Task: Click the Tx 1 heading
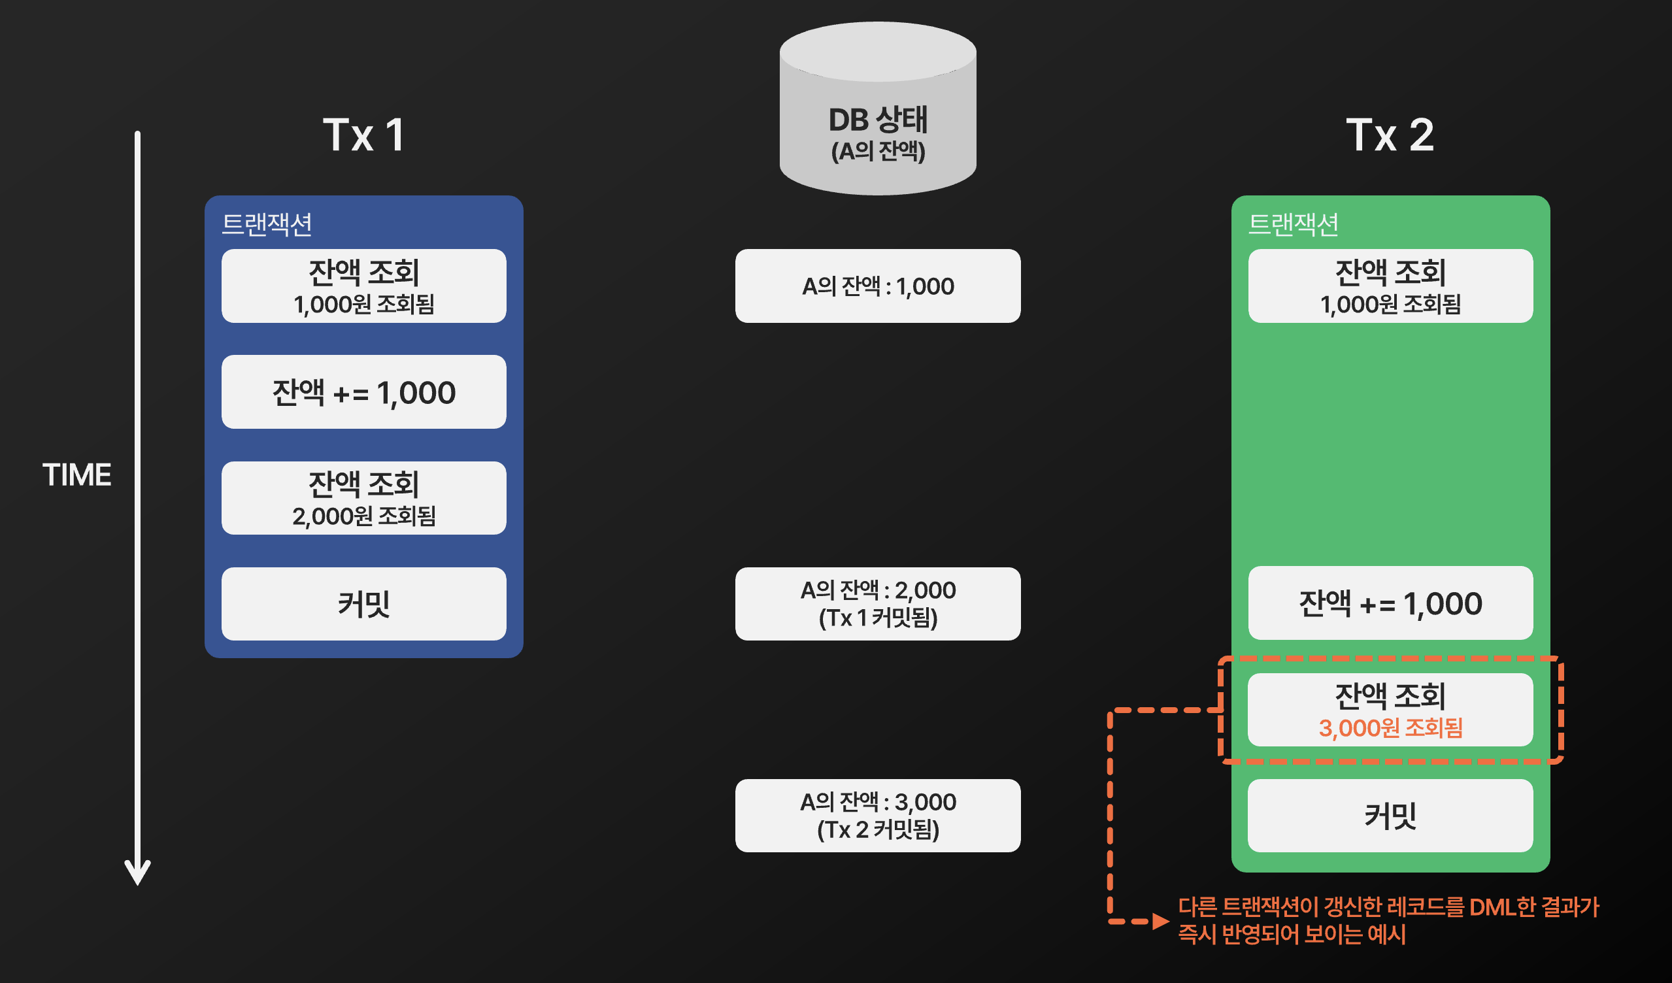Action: pos(363,135)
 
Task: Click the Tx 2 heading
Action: pos(1390,135)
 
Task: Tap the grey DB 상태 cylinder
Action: pos(877,109)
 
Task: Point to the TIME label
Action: pos(77,475)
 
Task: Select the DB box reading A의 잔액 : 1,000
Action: pos(877,286)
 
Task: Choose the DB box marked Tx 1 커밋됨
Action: pos(877,604)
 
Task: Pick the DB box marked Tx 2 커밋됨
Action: pos(877,815)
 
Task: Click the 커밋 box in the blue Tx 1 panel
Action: pos(363,604)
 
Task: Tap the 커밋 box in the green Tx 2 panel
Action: pos(1390,815)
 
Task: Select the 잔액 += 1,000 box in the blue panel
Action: pos(363,392)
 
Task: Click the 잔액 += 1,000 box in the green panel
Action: pos(1390,603)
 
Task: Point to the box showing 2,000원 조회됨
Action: pos(363,498)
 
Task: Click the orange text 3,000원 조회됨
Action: pos(1390,728)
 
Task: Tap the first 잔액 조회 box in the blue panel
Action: pos(363,286)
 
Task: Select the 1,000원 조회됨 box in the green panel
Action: pos(1390,286)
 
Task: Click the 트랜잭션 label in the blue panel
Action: pos(267,224)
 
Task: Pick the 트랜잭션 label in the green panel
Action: pos(1293,224)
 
